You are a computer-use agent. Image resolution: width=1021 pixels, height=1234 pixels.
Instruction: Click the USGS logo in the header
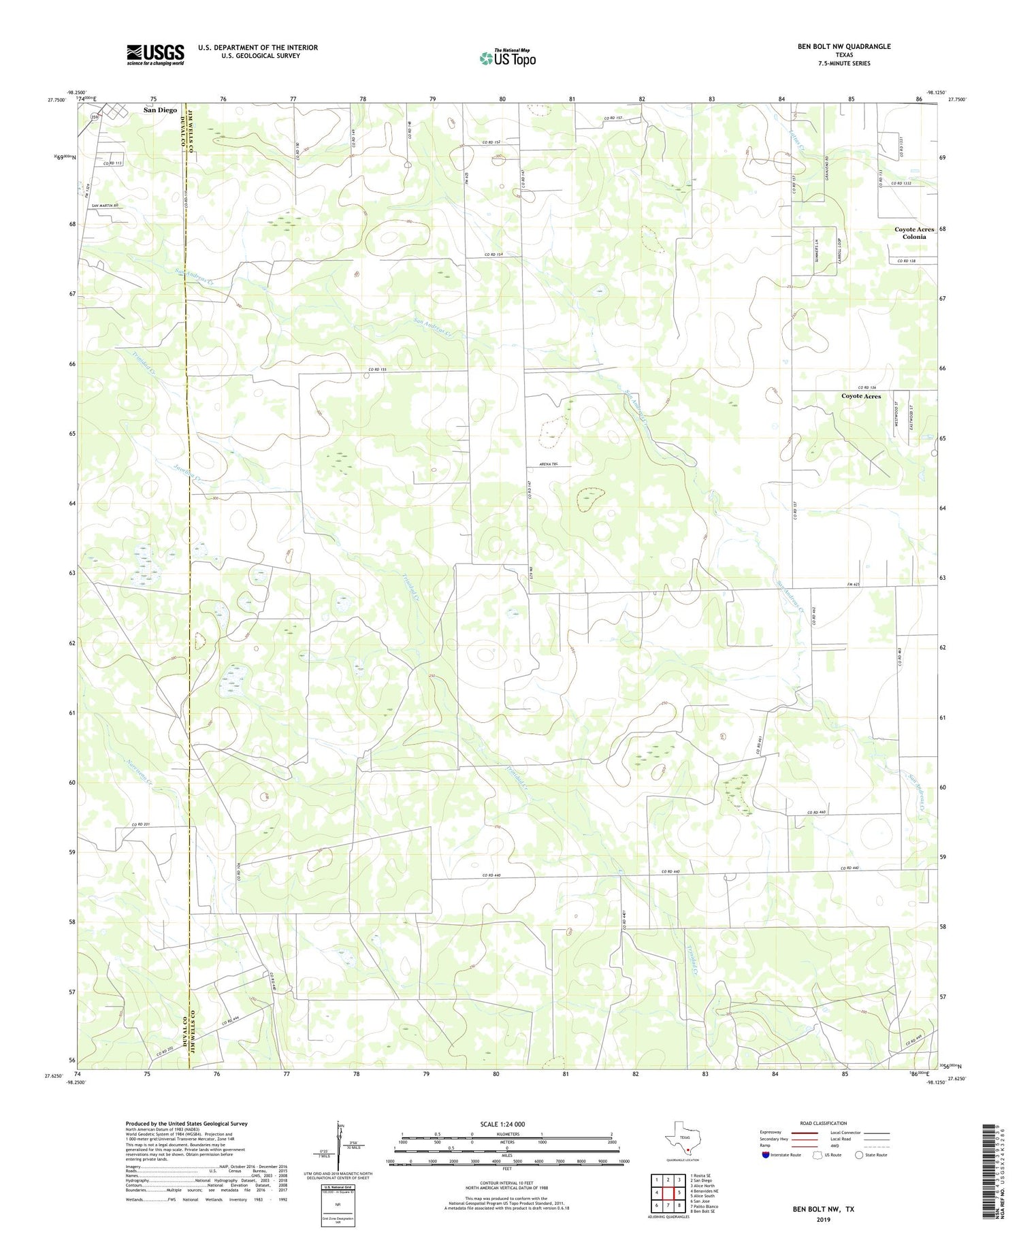click(x=155, y=54)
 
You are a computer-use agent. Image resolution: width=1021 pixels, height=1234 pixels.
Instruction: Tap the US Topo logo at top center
click(x=507, y=59)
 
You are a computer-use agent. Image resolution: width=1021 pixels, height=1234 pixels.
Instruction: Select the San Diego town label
click(x=159, y=110)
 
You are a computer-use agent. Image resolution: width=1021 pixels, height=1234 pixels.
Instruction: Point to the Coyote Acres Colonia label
click(x=914, y=233)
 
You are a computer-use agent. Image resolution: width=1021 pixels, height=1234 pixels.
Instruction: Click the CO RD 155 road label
click(x=377, y=369)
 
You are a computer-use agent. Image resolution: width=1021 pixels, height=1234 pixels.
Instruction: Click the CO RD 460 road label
click(x=817, y=812)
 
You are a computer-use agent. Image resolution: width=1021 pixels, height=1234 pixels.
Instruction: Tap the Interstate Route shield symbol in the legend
click(x=766, y=1155)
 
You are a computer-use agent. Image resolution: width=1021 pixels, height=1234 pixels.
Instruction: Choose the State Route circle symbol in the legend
click(x=859, y=1154)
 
